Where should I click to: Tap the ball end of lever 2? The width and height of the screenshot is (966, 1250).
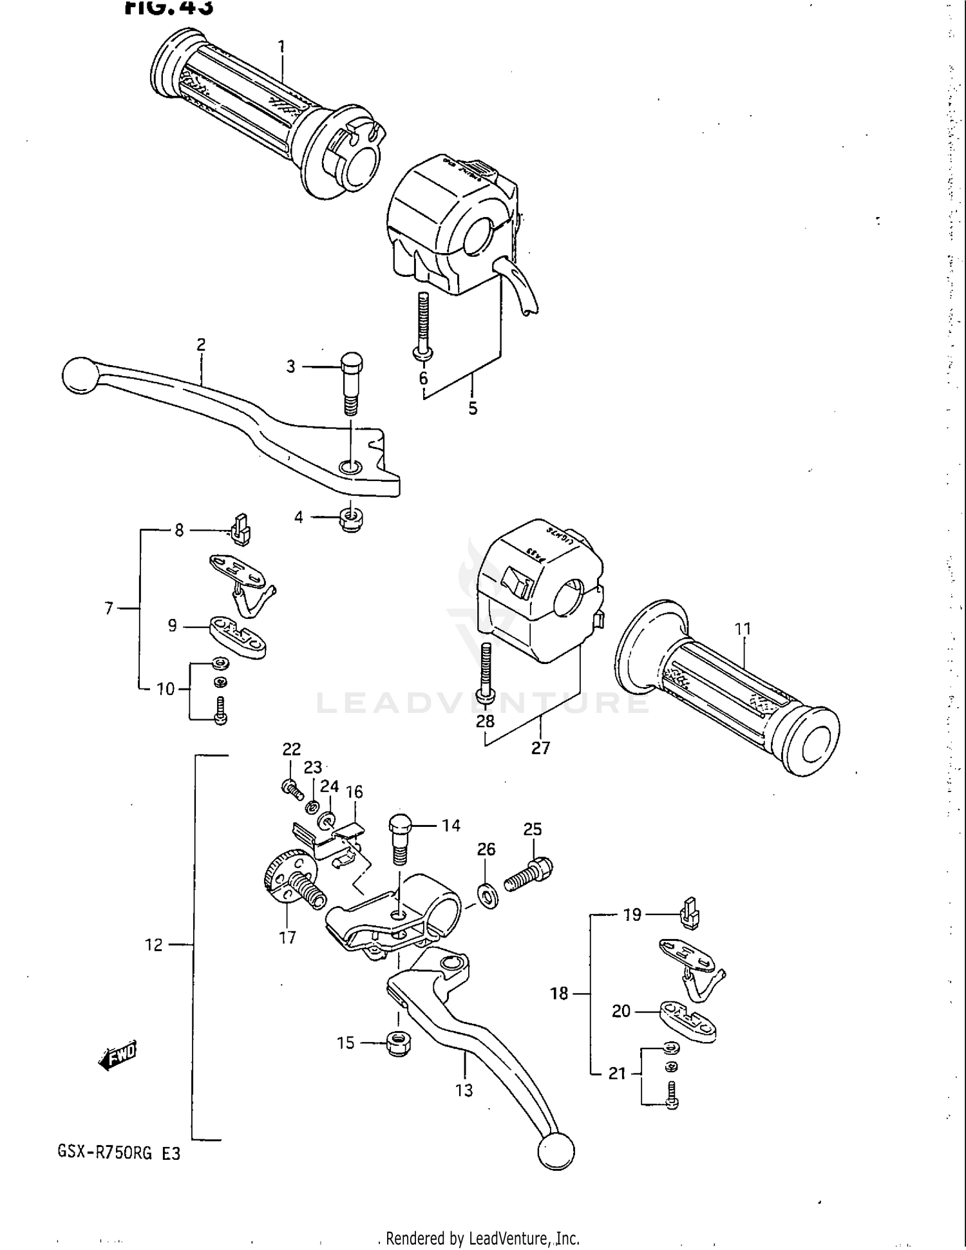pyautogui.click(x=79, y=375)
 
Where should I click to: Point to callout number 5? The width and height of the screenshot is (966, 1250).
pyautogui.click(x=473, y=408)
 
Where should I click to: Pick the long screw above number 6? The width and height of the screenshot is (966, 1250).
pyautogui.click(x=422, y=325)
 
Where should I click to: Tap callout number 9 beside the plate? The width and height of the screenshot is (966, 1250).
pyautogui.click(x=172, y=625)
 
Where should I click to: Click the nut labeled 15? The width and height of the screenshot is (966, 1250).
pyautogui.click(x=399, y=1043)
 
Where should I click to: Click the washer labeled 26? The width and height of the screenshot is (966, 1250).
pyautogui.click(x=488, y=895)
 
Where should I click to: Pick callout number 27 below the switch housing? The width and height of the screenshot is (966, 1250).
pyautogui.click(x=540, y=748)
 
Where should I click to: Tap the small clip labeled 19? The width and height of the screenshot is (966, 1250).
pyautogui.click(x=689, y=914)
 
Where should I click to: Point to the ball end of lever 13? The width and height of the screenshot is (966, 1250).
pyautogui.click(x=556, y=1151)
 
